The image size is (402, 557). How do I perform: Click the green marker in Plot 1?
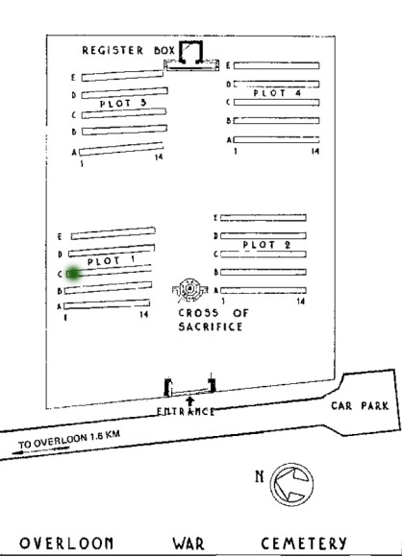point(74,274)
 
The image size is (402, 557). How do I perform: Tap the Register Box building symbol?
point(191,53)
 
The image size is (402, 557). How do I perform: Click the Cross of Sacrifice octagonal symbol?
point(190,289)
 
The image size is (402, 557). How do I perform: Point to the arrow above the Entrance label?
point(190,401)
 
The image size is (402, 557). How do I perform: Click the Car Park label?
point(360,405)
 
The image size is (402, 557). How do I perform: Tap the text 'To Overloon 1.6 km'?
point(69,439)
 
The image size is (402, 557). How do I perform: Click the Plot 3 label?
point(123,104)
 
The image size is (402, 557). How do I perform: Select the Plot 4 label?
point(277,93)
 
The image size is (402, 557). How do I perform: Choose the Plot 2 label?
point(266,245)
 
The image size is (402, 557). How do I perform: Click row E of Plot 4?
point(276,65)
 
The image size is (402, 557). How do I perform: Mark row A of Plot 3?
point(121,149)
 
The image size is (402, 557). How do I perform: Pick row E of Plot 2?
point(264,218)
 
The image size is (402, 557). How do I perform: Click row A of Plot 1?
point(107,304)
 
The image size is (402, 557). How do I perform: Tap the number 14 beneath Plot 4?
point(315,152)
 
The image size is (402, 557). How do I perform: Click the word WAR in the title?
point(188,544)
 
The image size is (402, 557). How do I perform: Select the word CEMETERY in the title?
point(304,544)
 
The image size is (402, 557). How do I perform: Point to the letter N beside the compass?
point(260,476)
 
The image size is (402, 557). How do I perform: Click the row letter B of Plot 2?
point(215,273)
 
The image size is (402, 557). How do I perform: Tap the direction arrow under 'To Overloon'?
point(40,450)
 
